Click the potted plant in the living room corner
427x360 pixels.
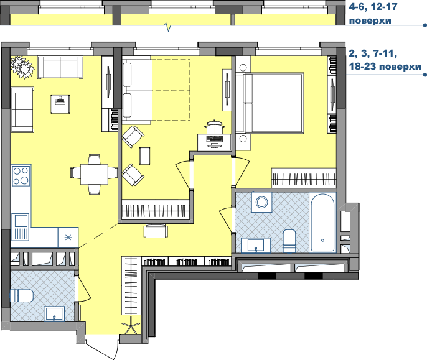point(22,67)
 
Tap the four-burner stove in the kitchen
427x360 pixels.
point(21,175)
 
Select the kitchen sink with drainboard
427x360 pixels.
point(20,227)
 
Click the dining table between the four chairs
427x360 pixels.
point(94,174)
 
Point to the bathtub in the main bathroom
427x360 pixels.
point(322,223)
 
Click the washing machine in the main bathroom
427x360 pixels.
point(261,202)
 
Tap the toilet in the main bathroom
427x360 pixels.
point(289,241)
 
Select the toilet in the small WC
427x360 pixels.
point(22,296)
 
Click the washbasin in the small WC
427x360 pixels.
point(55,313)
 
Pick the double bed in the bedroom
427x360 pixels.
point(270,103)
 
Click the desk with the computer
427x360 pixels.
point(215,142)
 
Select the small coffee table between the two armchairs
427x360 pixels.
point(144,155)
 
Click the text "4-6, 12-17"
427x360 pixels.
point(373,6)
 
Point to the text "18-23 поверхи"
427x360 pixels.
point(385,66)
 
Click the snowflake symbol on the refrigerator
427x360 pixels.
point(68,238)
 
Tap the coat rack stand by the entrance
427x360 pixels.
point(131,325)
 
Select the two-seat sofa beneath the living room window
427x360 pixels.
point(60,67)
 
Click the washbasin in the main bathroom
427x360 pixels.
point(256,246)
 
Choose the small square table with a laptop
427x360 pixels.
point(60,104)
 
